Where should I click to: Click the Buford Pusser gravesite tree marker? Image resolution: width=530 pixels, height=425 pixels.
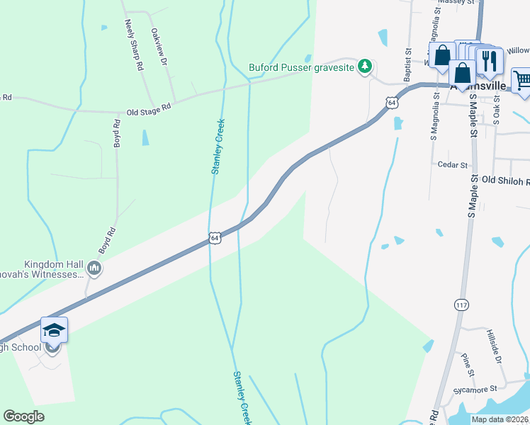tap(365, 67)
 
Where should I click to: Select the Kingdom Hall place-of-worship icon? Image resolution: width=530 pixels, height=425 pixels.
tap(94, 268)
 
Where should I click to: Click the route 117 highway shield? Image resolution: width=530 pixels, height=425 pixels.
tap(462, 305)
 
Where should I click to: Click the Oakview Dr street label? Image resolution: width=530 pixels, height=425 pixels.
tap(159, 47)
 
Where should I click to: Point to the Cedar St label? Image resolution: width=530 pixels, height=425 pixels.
tap(453, 165)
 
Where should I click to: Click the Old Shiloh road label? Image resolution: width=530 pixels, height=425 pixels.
tap(505, 181)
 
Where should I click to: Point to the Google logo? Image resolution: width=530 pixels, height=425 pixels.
tap(23, 416)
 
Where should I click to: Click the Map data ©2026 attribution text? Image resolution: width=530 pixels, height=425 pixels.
tap(500, 419)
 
